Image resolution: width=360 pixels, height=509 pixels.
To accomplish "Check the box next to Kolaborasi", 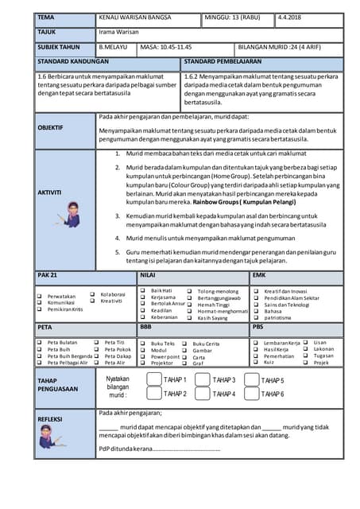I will [93, 293].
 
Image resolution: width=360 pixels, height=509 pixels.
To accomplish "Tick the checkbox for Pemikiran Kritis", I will [40, 309].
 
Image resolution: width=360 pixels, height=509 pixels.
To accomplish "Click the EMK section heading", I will [259, 275].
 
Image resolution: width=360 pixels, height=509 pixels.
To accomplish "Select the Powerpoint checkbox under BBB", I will [143, 356].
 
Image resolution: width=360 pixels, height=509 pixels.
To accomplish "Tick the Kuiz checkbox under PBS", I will [256, 363].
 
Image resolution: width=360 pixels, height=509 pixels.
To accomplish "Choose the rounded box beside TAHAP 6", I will [251, 394].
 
